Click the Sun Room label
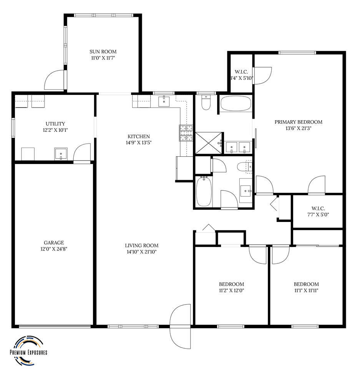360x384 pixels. [x=103, y=52]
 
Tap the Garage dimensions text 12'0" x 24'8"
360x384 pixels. [x=54, y=249]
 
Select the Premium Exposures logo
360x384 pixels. [x=28, y=351]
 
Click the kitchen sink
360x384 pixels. [x=164, y=102]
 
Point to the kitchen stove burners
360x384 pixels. [x=186, y=133]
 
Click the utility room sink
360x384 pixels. [x=61, y=154]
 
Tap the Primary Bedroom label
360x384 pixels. [x=298, y=122]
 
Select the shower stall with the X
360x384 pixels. [x=209, y=143]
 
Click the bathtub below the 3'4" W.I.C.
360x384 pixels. [x=236, y=103]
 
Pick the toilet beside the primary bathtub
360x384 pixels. [x=206, y=102]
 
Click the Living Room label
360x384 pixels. [x=142, y=246]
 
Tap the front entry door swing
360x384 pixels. [x=180, y=327]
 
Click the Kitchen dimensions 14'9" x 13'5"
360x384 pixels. [x=139, y=143]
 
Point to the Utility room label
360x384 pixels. [x=55, y=124]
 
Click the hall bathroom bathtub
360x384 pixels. [x=204, y=191]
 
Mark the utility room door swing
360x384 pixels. [x=82, y=152]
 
